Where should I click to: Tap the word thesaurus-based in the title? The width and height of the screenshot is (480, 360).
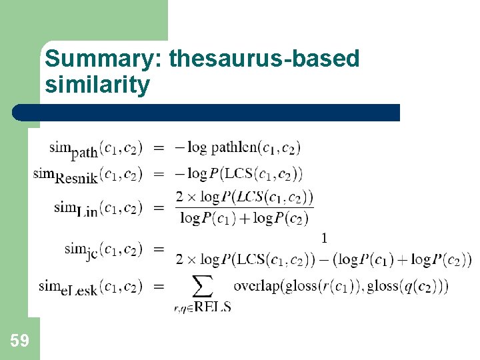click(265, 59)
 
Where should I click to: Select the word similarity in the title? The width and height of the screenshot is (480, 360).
click(97, 85)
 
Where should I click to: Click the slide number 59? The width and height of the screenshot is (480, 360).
click(19, 341)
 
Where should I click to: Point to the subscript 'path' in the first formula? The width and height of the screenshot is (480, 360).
click(84, 153)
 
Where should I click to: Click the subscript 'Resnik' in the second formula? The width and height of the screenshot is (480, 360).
click(77, 177)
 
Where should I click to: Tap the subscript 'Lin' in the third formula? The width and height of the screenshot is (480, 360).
click(87, 212)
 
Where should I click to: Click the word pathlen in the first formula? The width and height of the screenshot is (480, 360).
click(233, 147)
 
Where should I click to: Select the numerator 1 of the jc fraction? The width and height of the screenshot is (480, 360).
click(324, 238)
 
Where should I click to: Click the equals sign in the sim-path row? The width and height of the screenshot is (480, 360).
click(159, 148)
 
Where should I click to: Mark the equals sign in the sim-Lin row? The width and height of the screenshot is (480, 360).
click(159, 208)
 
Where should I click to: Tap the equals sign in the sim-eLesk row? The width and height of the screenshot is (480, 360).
click(159, 287)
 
